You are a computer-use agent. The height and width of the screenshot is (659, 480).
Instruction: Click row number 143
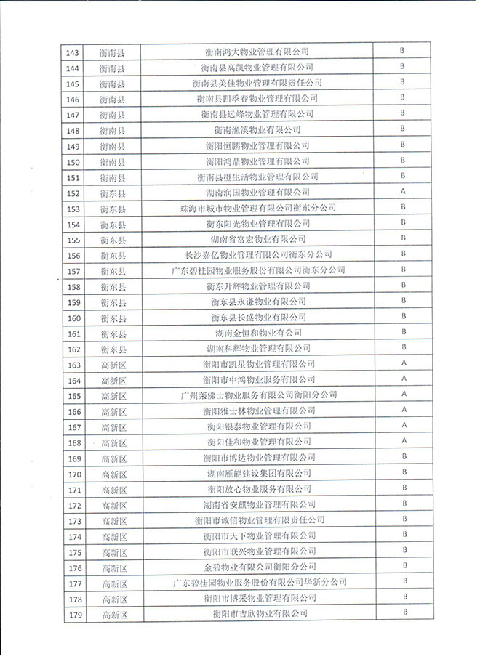(x=73, y=52)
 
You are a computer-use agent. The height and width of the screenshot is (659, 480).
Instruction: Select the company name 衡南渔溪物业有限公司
(x=257, y=130)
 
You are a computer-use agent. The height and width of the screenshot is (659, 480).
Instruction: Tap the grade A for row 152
(x=402, y=192)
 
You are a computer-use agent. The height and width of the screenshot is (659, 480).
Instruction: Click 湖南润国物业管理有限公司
(x=257, y=193)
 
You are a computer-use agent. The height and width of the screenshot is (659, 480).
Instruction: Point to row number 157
(x=73, y=271)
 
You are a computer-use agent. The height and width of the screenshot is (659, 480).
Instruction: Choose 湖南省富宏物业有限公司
(x=257, y=239)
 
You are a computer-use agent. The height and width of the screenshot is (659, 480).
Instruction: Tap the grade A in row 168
(x=403, y=442)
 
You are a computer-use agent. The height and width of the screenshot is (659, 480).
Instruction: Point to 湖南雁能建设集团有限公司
(x=258, y=474)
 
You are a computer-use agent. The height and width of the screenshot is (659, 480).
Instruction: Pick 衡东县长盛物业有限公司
(x=258, y=318)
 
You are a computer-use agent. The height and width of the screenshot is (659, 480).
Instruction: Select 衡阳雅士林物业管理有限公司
(x=258, y=411)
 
